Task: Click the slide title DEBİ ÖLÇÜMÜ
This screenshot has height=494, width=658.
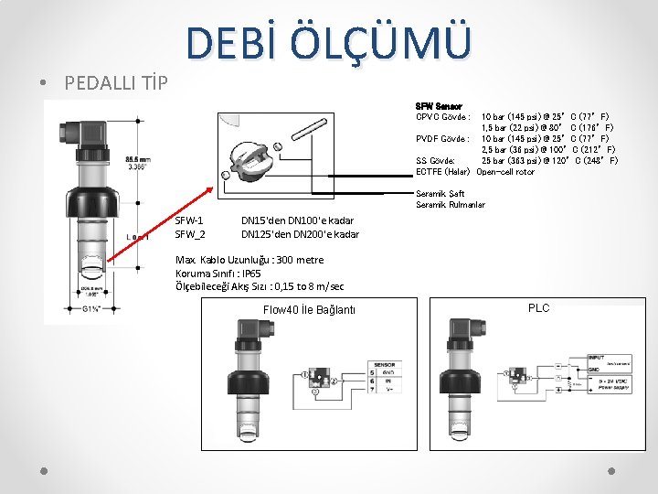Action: (x=330, y=44)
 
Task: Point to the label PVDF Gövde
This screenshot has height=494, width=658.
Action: (x=443, y=139)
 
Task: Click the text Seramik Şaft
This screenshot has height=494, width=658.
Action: (x=440, y=194)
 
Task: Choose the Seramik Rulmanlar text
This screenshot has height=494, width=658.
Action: (x=451, y=204)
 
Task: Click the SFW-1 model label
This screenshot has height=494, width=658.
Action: (x=189, y=220)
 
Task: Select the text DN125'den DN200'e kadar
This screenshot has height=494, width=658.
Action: (x=300, y=234)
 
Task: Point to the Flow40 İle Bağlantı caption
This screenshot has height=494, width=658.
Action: (x=309, y=310)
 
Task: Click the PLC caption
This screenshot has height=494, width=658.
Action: (x=539, y=308)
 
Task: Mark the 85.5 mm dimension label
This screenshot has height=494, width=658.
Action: (x=138, y=158)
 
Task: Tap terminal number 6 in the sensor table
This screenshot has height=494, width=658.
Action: (x=372, y=381)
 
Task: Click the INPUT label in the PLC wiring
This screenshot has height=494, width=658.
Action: (x=596, y=358)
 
